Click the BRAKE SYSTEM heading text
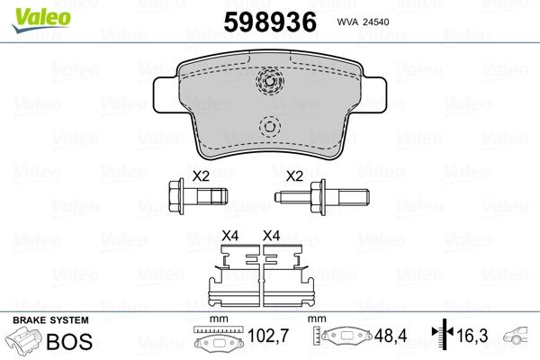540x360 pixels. pos(50,320)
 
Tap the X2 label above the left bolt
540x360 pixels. pos(201,175)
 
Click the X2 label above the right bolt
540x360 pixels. pos(293,175)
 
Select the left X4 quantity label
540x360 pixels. pos(230,237)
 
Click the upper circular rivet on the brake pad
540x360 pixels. pos(269,83)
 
